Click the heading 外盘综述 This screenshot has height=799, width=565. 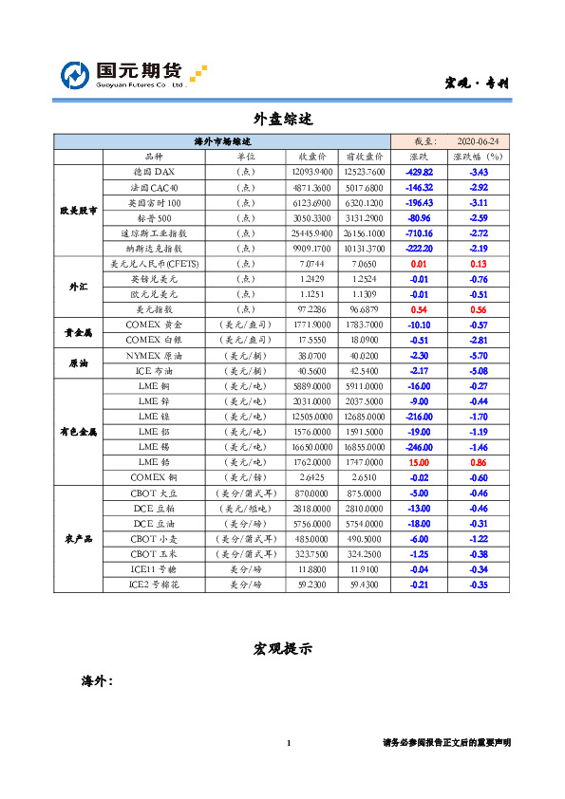282,120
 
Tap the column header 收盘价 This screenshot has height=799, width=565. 313,157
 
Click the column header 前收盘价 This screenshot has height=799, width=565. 364,157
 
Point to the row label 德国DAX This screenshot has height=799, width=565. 153,172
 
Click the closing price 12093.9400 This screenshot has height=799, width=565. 312,172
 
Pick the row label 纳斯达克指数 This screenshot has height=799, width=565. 153,248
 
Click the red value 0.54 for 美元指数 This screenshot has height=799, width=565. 419,308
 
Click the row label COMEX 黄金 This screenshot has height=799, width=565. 153,325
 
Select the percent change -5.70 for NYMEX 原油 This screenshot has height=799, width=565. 479,355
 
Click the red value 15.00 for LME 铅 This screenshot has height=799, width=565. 419,461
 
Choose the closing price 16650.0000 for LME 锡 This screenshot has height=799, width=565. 312,446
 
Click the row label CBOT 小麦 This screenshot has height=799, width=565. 153,538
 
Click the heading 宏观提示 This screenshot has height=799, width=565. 282,649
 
